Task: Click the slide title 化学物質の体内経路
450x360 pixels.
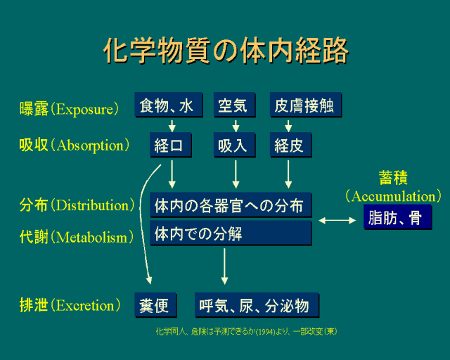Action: tap(225, 51)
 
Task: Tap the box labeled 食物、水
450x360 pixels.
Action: tap(168, 106)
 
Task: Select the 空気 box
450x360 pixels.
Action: tap(233, 106)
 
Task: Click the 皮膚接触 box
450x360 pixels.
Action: tap(306, 106)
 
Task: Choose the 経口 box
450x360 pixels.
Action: tap(169, 146)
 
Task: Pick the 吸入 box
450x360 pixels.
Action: tap(233, 146)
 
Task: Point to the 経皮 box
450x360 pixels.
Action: tap(290, 146)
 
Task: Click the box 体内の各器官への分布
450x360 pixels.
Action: tap(231, 205)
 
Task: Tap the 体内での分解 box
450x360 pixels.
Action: tap(231, 233)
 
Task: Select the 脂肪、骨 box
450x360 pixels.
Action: tap(397, 218)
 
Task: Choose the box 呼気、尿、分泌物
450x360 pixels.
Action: tap(257, 306)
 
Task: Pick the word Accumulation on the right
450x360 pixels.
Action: tap(394, 196)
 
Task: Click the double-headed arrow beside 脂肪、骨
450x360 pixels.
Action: tap(337, 220)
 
